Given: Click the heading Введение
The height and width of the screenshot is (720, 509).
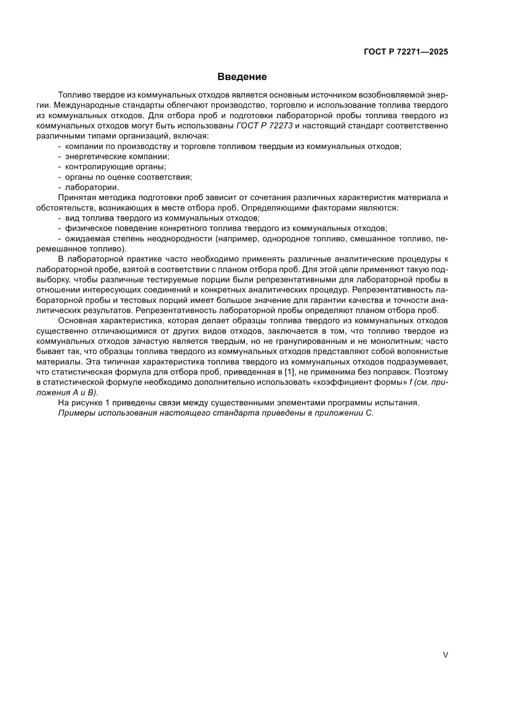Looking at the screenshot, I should pyautogui.click(x=242, y=77).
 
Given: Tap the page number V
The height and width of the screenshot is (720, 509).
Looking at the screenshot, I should pyautogui.click(x=445, y=655).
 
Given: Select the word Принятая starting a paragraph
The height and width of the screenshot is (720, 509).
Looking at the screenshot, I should pyautogui.click(x=77, y=197).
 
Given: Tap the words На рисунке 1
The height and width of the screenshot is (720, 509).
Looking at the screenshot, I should pyautogui.click(x=87, y=403).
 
